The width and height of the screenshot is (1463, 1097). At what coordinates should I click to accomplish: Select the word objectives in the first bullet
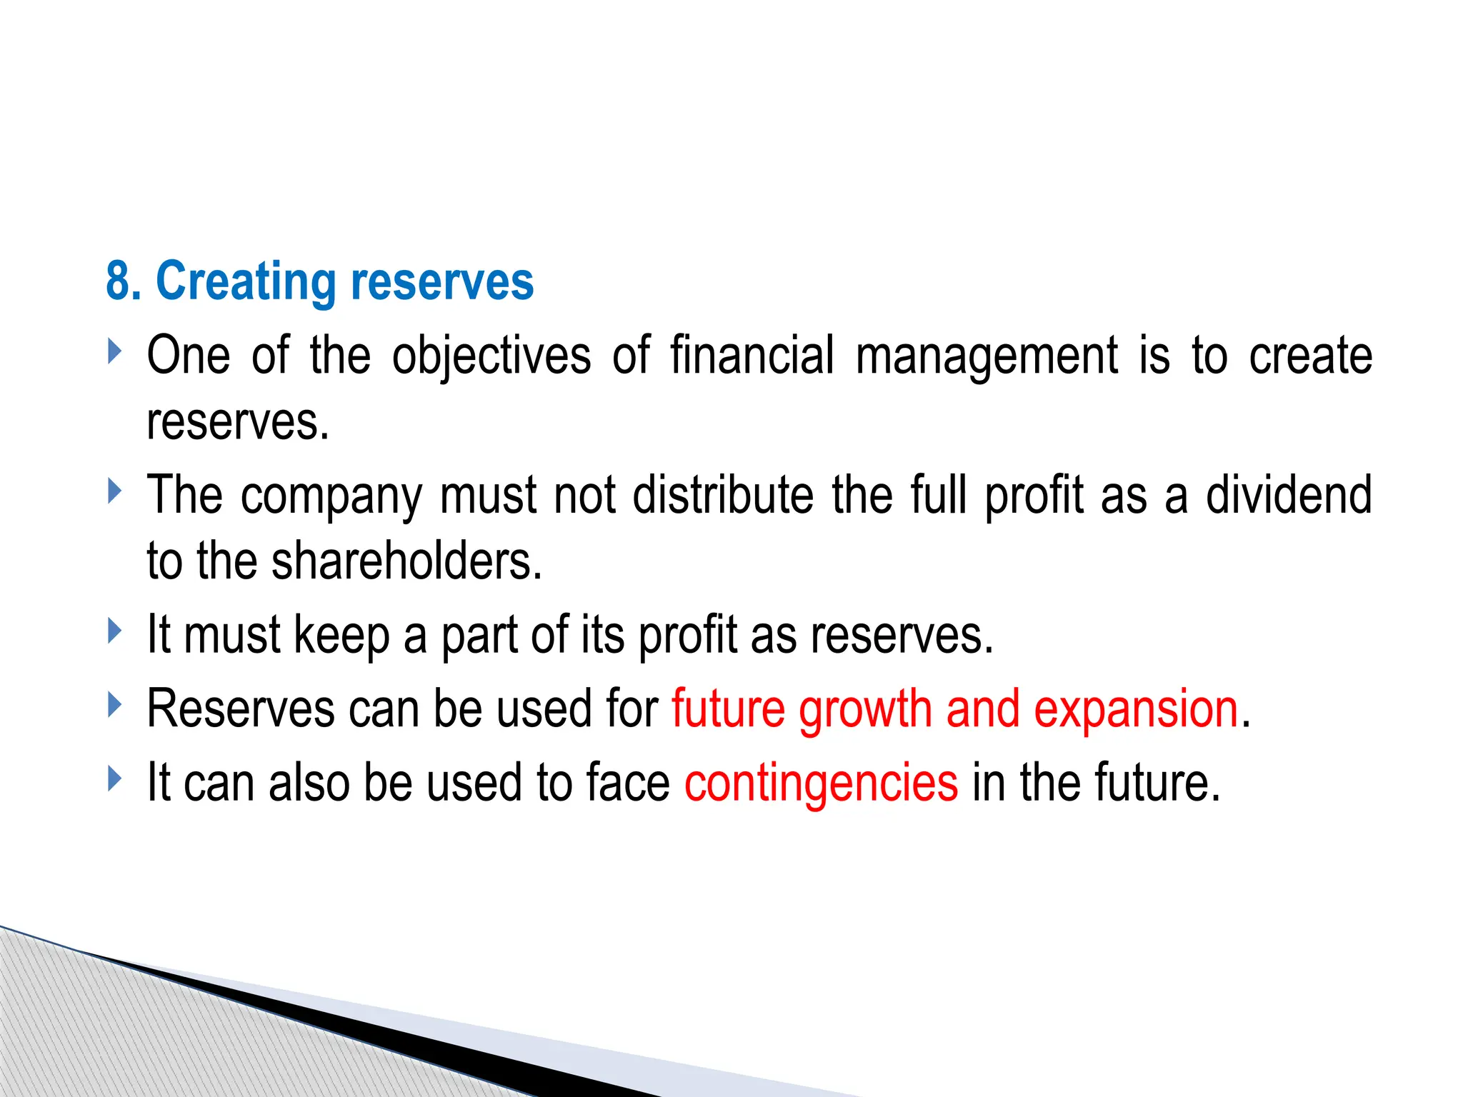pyautogui.click(x=491, y=355)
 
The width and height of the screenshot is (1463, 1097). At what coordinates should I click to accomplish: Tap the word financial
pyautogui.click(x=752, y=355)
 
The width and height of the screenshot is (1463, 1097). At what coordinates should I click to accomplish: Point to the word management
pyautogui.click(x=986, y=356)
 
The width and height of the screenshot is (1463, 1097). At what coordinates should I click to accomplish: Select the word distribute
pyautogui.click(x=723, y=494)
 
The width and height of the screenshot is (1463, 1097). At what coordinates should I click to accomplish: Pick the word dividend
pyautogui.click(x=1289, y=494)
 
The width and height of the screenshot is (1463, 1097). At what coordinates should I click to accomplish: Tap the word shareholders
pyautogui.click(x=406, y=561)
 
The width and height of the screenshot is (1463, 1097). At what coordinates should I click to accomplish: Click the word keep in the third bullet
pyautogui.click(x=341, y=635)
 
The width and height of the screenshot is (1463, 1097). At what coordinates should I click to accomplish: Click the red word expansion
pyautogui.click(x=1136, y=711)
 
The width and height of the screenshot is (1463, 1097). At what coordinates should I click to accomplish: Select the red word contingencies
pyautogui.click(x=821, y=783)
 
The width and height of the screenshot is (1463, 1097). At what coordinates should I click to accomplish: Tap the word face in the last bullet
pyautogui.click(x=627, y=783)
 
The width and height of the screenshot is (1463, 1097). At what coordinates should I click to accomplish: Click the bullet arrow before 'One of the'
pyautogui.click(x=115, y=351)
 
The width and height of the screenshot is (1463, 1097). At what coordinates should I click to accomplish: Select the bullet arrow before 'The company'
pyautogui.click(x=115, y=491)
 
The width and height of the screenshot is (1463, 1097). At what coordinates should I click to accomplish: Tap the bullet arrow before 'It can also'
pyautogui.click(x=115, y=778)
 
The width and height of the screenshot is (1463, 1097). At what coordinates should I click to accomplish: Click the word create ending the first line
pyautogui.click(x=1310, y=355)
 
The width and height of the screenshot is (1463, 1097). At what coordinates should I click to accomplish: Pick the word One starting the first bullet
pyautogui.click(x=188, y=355)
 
